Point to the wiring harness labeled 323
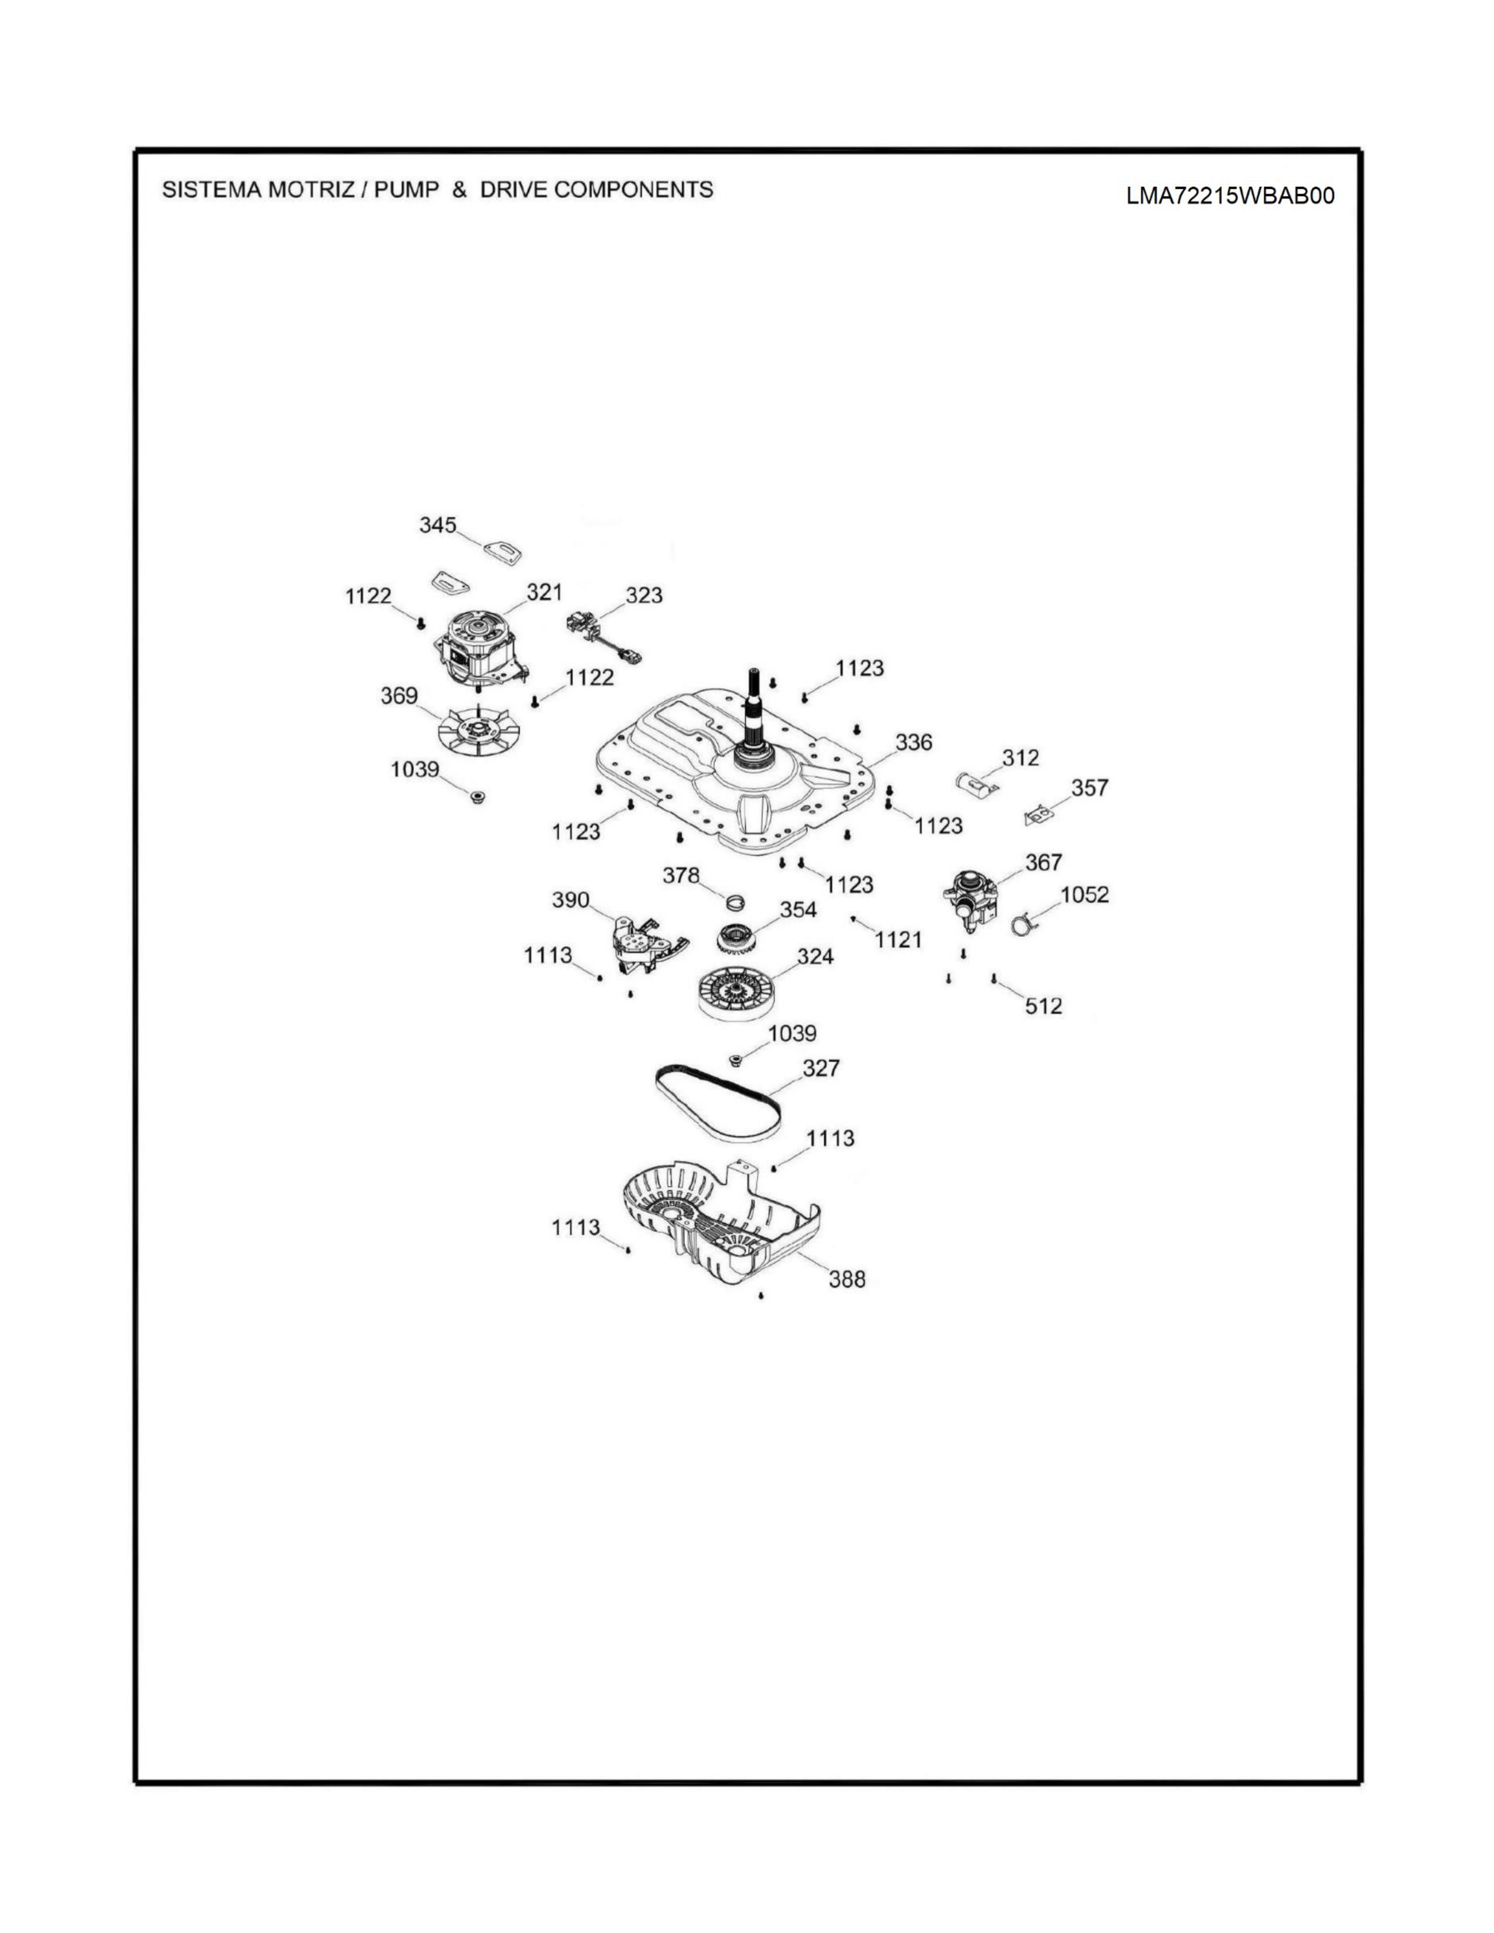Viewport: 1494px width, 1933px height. [602, 638]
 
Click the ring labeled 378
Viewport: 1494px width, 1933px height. [734, 902]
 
